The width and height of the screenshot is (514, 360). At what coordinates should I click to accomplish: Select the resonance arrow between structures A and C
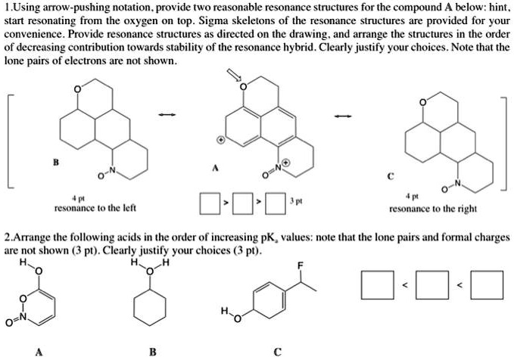pos(344,116)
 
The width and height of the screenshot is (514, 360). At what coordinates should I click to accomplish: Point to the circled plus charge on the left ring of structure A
pos(220,140)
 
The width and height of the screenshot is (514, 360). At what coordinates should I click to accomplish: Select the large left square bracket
pos(10,140)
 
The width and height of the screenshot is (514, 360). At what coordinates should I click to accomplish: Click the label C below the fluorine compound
pos(278,351)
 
